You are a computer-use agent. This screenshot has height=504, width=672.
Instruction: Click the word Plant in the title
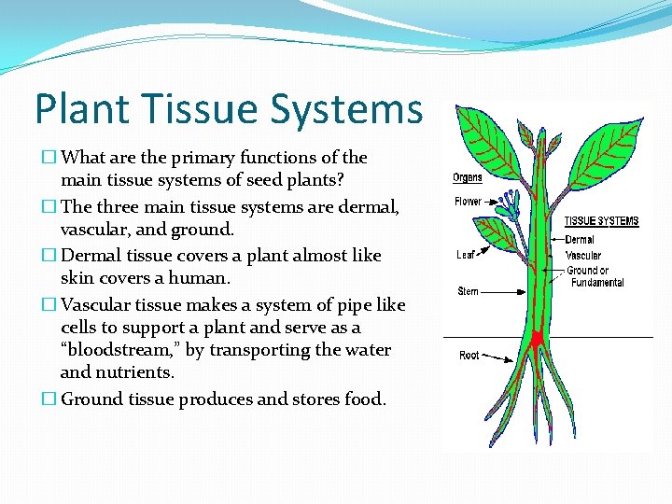point(77,109)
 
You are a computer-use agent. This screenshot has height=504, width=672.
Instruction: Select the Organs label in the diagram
point(468,177)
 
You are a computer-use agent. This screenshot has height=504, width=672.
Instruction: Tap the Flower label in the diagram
point(469,202)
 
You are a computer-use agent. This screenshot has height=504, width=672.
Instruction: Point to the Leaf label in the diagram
point(466,255)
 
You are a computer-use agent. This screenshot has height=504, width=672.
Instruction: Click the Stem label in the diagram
point(468,291)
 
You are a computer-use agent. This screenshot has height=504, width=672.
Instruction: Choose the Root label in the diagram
point(469,356)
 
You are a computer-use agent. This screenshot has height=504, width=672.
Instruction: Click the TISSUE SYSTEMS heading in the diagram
point(602,221)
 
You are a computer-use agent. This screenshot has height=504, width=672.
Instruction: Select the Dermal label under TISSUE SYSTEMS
point(580,240)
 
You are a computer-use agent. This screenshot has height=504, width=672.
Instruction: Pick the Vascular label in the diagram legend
point(583,255)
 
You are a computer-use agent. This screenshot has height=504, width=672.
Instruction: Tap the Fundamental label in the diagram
point(597,283)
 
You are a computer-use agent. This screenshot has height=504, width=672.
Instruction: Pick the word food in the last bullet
point(364,399)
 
